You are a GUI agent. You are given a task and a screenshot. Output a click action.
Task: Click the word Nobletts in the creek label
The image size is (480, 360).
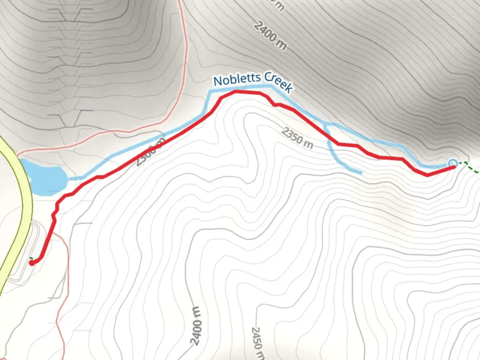(237, 79)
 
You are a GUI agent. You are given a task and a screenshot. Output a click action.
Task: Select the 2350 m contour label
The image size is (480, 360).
(297, 138)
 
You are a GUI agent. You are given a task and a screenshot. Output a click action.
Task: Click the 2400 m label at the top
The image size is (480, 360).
(270, 36)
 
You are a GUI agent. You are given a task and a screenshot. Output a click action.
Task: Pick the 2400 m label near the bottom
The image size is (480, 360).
(196, 325)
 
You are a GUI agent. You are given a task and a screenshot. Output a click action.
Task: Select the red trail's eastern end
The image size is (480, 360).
(453, 167)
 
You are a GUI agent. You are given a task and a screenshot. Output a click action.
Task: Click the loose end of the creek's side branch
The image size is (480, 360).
(361, 173)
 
